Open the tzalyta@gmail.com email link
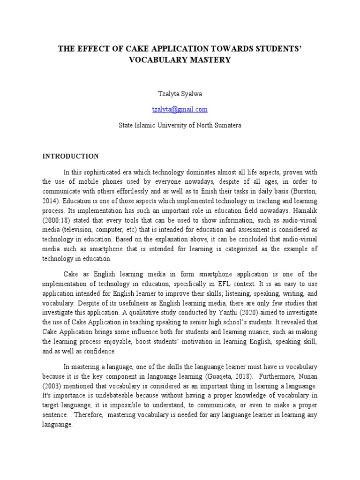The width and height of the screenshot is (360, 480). point(180,109)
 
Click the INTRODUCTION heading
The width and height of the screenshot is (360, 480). point(71,156)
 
